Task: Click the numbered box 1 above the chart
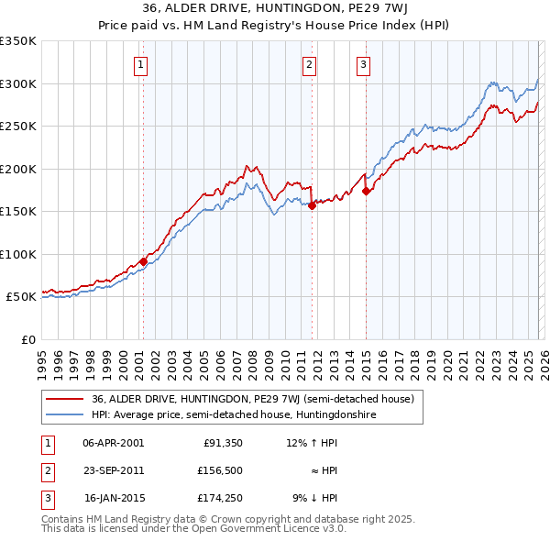[142, 64]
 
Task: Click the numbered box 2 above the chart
[310, 64]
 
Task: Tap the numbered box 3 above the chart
[364, 64]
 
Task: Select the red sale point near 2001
[144, 261]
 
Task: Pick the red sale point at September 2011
[313, 206]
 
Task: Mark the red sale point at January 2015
[366, 191]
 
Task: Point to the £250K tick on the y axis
[18, 127]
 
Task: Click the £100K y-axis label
[18, 254]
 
